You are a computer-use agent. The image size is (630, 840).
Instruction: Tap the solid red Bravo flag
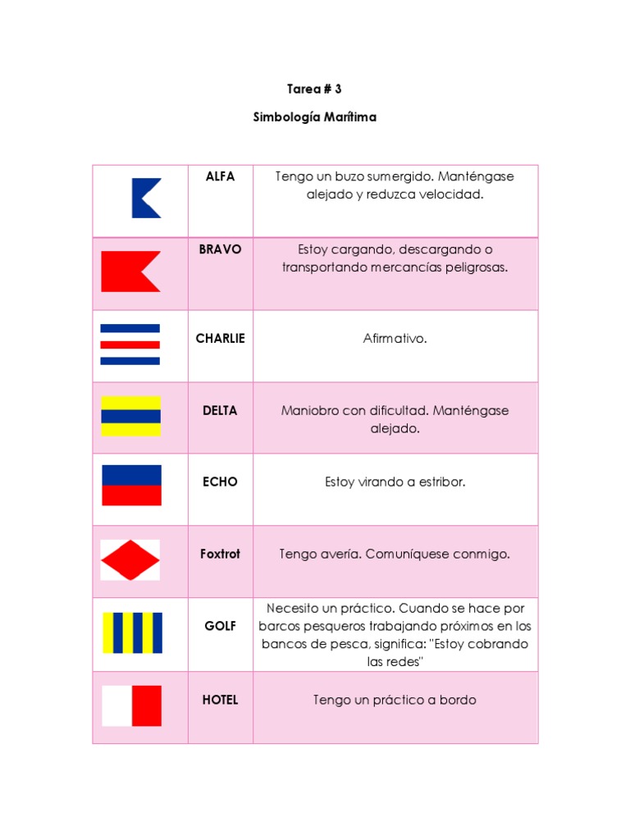coord(129,272)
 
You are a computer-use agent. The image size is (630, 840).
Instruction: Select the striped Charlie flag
coord(130,344)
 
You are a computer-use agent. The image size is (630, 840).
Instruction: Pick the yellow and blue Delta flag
coord(130,416)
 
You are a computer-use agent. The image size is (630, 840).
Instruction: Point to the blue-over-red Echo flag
coord(131,485)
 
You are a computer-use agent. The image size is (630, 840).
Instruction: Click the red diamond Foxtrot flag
coord(130,560)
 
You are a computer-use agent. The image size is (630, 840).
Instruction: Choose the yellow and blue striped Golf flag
coord(132,632)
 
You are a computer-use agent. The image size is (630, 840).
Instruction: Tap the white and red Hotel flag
coord(131,705)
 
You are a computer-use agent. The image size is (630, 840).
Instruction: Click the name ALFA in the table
coord(220,176)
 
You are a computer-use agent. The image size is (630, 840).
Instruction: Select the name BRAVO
coord(220,249)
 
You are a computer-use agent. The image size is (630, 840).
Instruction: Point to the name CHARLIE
coord(220,338)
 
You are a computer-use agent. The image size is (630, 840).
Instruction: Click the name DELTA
coord(220,410)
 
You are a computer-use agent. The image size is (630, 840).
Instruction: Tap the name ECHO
coord(220,482)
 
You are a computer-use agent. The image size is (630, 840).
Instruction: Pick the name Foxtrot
coord(220,554)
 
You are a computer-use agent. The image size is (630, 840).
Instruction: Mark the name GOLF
coord(220,626)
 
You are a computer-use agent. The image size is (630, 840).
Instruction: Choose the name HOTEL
coord(220,700)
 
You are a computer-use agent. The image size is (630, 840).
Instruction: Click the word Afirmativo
coord(395,338)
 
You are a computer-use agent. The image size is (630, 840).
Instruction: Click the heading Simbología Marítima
coord(315,117)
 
